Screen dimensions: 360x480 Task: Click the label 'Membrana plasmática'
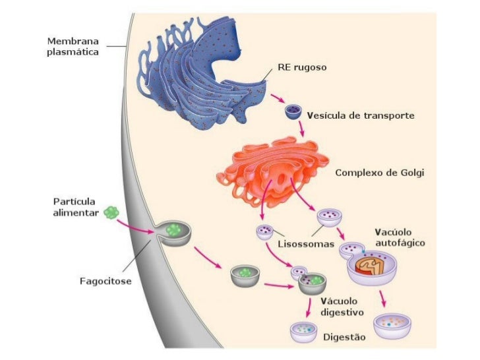(x=73, y=47)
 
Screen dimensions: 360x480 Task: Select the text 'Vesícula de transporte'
(x=360, y=115)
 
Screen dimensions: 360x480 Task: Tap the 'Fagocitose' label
(x=105, y=282)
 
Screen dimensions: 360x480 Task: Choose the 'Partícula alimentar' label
(x=75, y=207)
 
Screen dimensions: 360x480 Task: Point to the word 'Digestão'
(x=344, y=337)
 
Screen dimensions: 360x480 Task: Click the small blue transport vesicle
(x=293, y=113)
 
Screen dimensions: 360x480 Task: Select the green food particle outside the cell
(x=111, y=212)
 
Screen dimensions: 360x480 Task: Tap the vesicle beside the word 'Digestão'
(x=305, y=332)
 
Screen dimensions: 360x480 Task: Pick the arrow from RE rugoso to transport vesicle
(x=276, y=100)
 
